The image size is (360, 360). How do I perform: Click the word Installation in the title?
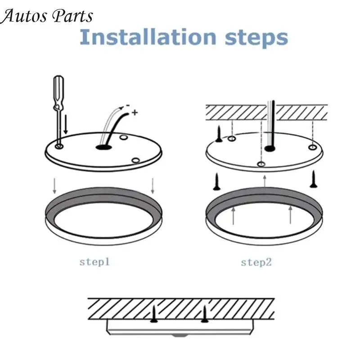[x=148, y=37]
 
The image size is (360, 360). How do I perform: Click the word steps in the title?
[x=256, y=39]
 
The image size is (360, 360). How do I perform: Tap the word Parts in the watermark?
[x=72, y=16]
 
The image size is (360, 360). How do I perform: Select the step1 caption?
[x=94, y=262]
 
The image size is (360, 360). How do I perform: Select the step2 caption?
[x=256, y=262]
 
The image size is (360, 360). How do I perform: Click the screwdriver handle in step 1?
[x=58, y=92]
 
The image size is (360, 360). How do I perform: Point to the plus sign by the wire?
[x=135, y=112]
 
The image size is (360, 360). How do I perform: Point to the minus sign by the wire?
[x=128, y=106]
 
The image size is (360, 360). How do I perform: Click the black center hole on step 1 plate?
[x=103, y=147]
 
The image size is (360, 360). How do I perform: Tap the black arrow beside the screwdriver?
[x=66, y=125]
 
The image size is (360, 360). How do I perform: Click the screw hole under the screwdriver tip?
[x=59, y=146]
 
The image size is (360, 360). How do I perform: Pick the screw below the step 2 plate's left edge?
[x=216, y=182]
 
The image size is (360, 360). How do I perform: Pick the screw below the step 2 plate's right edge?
[x=313, y=179]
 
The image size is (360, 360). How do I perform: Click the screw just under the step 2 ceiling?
[x=219, y=134]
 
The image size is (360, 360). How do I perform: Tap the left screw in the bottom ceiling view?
[x=154, y=314]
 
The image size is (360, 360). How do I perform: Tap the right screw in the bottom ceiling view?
[x=205, y=314]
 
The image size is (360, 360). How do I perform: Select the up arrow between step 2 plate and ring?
[x=265, y=181]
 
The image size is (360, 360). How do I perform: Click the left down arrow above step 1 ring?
[x=54, y=186]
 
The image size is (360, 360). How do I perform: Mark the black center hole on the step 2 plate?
[x=270, y=148]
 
